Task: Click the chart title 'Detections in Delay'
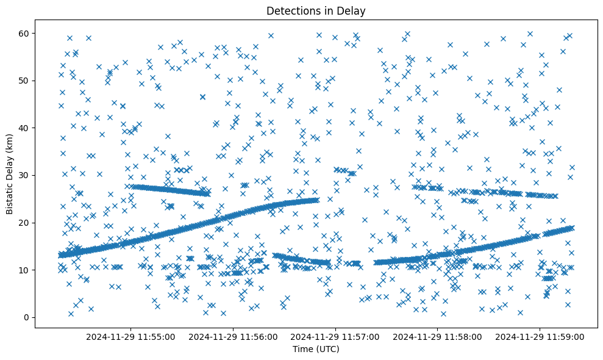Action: [316, 10]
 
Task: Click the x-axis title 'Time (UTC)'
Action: [316, 350]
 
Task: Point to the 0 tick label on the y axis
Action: [26, 317]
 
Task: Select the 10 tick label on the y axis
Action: [24, 270]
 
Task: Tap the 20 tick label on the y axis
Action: [24, 223]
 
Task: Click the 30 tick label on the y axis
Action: [24, 175]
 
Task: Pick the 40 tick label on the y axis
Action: [24, 128]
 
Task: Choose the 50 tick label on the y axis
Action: [24, 81]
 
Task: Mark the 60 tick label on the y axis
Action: [24, 33]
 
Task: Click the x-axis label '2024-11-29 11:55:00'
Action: [130, 336]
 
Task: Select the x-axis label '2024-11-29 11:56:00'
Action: [233, 336]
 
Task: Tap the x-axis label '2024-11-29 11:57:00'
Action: [335, 336]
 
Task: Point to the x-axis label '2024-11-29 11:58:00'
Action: [438, 336]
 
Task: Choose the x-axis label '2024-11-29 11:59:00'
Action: [540, 336]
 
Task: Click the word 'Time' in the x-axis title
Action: [302, 350]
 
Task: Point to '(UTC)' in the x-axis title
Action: [327, 350]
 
